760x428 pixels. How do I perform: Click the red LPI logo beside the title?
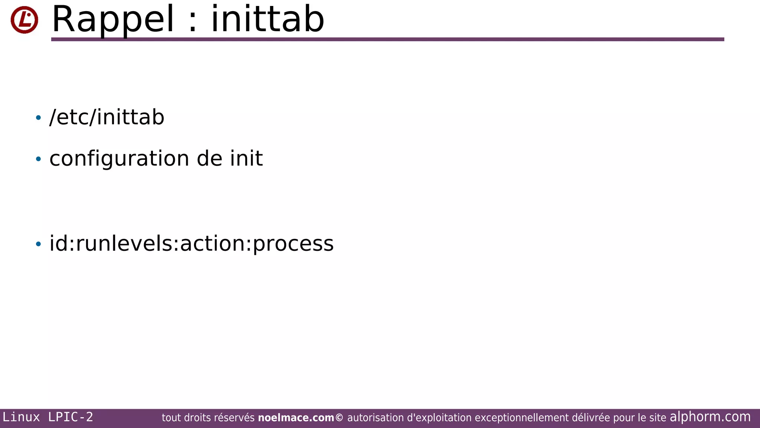[x=24, y=20]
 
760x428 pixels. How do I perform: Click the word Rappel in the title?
[x=113, y=19]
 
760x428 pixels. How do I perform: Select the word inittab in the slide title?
[x=267, y=19]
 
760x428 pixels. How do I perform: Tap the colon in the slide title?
[x=192, y=23]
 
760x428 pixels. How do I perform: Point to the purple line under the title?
[x=387, y=39]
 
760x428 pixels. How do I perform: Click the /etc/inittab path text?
[x=107, y=117]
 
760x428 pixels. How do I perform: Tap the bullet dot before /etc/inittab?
[x=38, y=118]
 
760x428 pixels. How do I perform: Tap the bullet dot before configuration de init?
[x=38, y=159]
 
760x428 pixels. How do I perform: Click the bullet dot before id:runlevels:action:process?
[x=38, y=244]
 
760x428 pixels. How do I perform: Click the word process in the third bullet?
[x=293, y=244]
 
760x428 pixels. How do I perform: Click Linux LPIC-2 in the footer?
[x=47, y=417]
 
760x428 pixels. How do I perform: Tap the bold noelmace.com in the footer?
[x=296, y=418]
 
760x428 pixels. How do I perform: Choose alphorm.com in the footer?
[x=710, y=417]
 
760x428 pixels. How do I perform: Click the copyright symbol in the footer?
[x=339, y=418]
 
